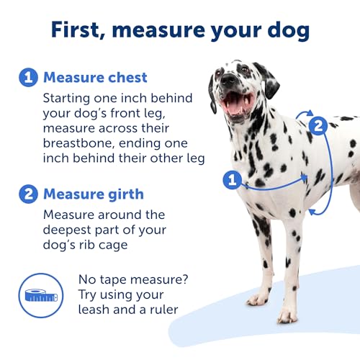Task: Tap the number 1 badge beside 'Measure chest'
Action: point(27,77)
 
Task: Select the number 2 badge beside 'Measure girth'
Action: point(27,194)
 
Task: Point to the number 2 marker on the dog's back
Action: point(315,125)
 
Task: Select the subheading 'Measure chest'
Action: point(95,77)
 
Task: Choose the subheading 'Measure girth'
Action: point(94,194)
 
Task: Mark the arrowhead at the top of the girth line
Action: point(308,113)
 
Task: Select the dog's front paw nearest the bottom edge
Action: point(287,316)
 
